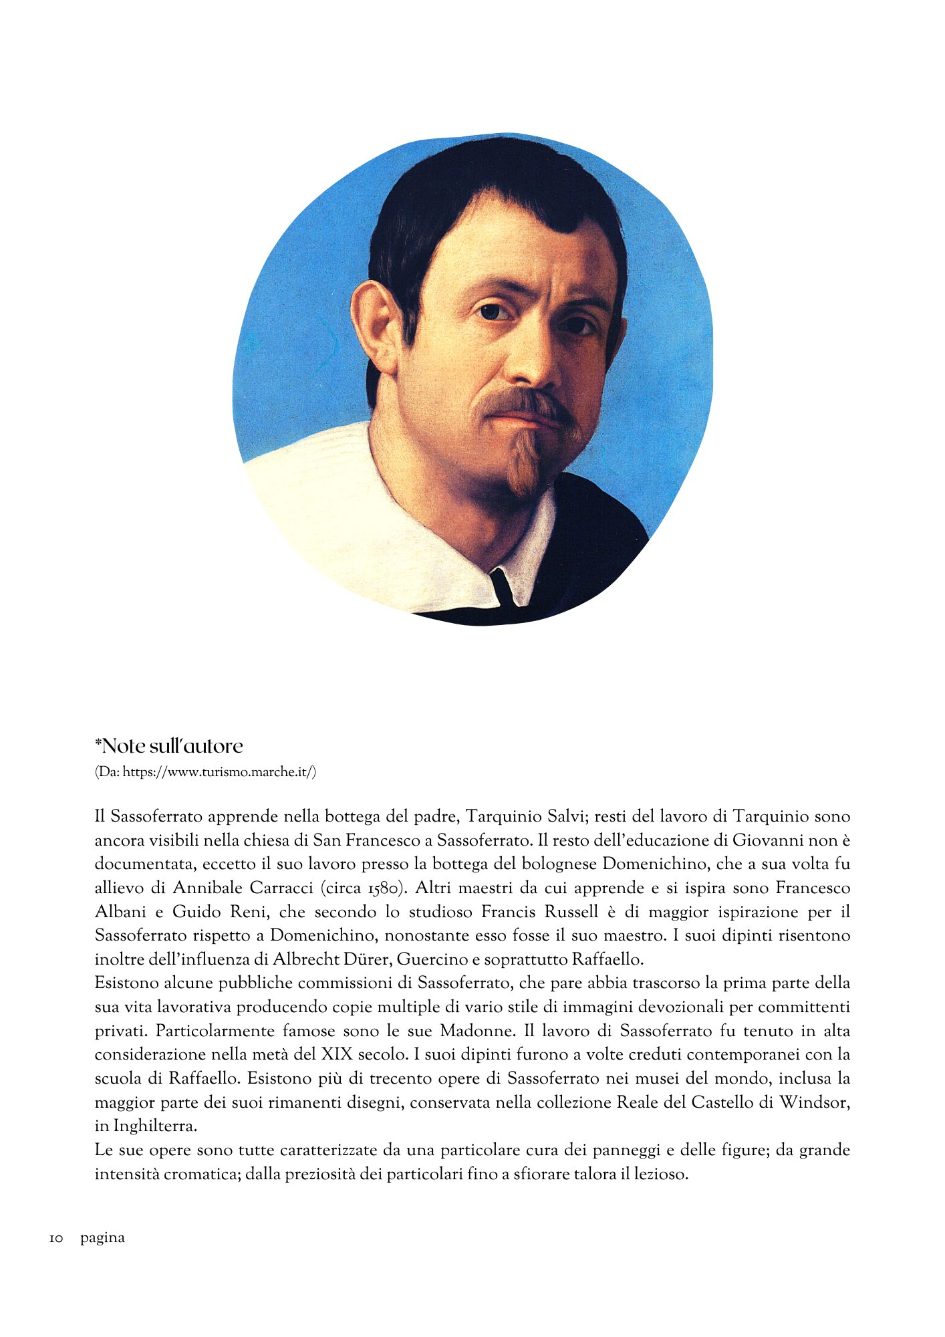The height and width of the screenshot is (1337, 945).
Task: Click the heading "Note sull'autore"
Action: click(168, 746)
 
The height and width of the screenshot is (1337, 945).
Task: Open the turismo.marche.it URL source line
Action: click(206, 772)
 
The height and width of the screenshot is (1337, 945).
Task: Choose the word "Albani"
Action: click(120, 912)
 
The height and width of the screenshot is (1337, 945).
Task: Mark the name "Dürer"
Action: click(370, 959)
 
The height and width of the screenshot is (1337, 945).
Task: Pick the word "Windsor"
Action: click(815, 1102)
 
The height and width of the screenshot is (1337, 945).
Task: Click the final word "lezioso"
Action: click(660, 1174)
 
